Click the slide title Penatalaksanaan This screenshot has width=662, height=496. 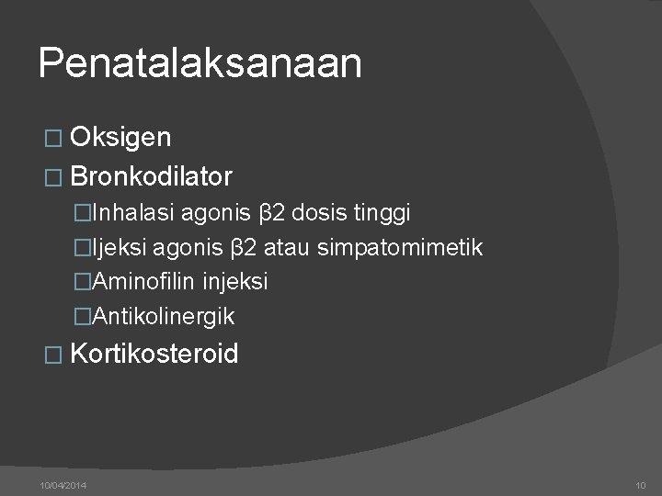[x=200, y=64]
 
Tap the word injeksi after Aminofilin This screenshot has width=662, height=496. [x=237, y=282]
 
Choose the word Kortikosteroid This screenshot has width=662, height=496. [x=154, y=354]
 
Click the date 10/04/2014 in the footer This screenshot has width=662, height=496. [x=63, y=484]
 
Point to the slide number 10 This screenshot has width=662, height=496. [x=641, y=484]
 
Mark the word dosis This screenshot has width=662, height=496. [x=319, y=213]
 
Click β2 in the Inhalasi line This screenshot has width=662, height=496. [x=272, y=213]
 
